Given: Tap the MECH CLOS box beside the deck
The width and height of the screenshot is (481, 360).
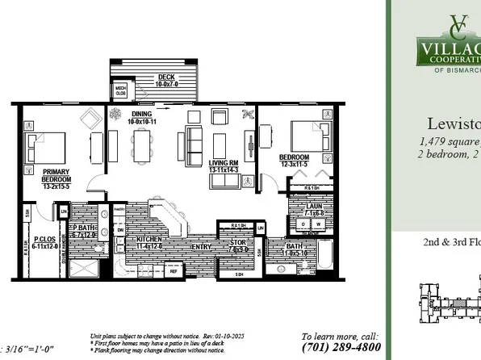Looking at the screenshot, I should click(120, 90).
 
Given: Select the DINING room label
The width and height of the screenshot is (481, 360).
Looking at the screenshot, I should click(143, 118).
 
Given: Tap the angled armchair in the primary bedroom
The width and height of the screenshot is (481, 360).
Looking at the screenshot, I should click(86, 119).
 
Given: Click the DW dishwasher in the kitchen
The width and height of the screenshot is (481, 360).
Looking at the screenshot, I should click(121, 230).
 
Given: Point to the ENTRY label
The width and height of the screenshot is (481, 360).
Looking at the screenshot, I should click(201, 246).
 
